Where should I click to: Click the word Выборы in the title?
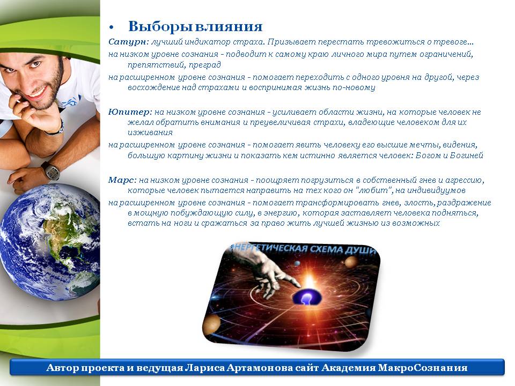[x=160, y=27]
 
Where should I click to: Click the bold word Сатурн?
[x=129, y=42]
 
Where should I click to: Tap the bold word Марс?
[x=122, y=180]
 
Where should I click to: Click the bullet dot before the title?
[x=112, y=27]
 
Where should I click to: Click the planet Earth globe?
[x=50, y=242]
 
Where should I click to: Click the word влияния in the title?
[x=229, y=27]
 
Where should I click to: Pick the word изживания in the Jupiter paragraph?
[x=150, y=132]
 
